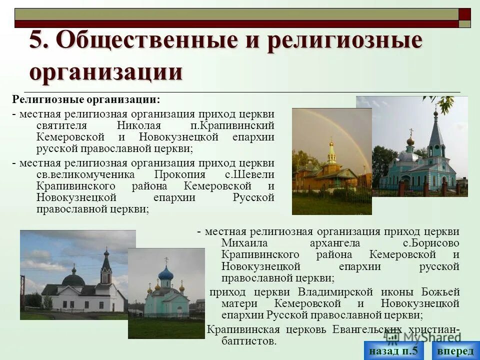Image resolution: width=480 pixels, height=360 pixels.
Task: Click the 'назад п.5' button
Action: click(x=393, y=350)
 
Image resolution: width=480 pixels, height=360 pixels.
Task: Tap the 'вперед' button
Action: click(x=455, y=350)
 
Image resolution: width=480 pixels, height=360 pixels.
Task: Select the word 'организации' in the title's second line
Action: click(x=106, y=71)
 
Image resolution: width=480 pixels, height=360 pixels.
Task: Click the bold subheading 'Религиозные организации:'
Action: click(x=86, y=99)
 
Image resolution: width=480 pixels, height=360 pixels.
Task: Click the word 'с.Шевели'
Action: click(x=249, y=175)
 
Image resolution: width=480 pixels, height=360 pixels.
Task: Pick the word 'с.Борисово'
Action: click(x=431, y=243)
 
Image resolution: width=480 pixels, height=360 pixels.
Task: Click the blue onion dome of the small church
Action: click(x=165, y=273)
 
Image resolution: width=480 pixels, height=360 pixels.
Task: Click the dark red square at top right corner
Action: click(x=465, y=13)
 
